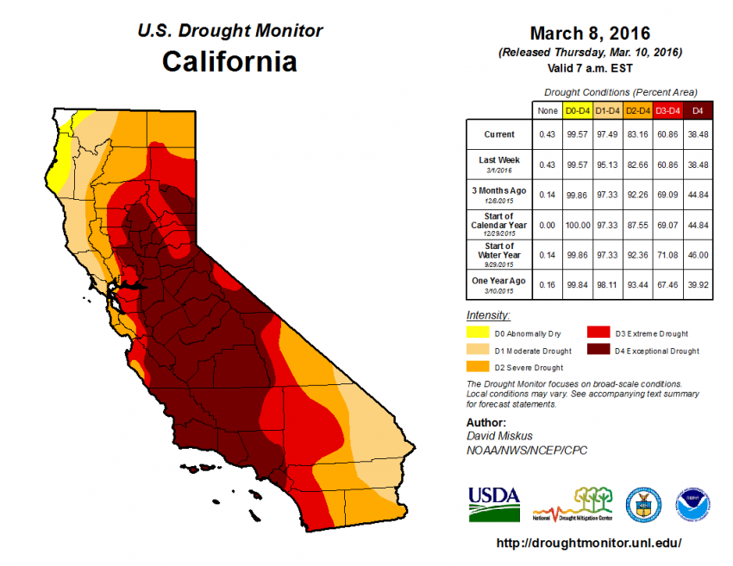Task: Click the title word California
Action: (x=229, y=62)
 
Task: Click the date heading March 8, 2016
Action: (x=591, y=34)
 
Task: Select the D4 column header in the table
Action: (x=698, y=109)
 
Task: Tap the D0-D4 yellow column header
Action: (x=576, y=109)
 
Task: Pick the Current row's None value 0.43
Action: (x=546, y=134)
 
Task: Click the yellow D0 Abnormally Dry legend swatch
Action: (x=477, y=333)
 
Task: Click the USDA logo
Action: (x=494, y=503)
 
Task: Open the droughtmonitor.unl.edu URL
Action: (x=590, y=544)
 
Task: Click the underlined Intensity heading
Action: (x=488, y=315)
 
